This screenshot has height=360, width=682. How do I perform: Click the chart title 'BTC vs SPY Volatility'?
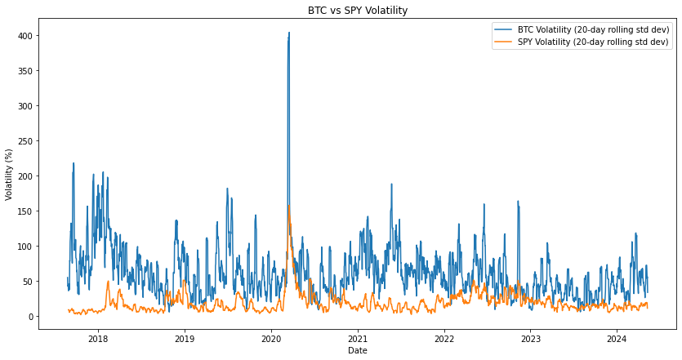tap(357, 11)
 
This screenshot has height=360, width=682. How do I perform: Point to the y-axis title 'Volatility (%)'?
tap(9, 174)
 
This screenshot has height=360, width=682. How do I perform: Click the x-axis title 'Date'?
tap(357, 350)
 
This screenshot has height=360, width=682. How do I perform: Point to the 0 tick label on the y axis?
tap(29, 317)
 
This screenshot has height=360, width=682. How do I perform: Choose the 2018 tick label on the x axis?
tap(98, 337)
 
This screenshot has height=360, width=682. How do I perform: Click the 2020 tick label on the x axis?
tap(271, 337)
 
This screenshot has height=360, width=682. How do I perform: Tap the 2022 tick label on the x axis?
tap(444, 337)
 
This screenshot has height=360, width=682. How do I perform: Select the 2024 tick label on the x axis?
tap(617, 337)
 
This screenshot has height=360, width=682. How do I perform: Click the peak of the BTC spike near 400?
tap(288, 33)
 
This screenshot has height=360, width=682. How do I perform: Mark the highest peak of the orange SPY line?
tap(289, 206)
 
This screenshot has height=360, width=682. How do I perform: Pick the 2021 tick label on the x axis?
tap(358, 337)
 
